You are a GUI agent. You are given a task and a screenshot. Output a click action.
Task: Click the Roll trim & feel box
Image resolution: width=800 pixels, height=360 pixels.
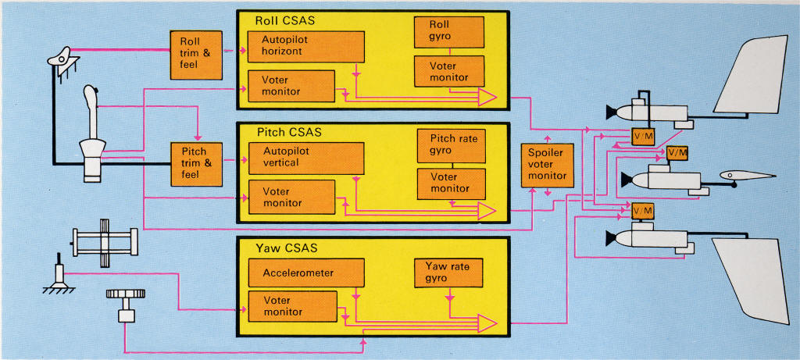(x=195, y=54)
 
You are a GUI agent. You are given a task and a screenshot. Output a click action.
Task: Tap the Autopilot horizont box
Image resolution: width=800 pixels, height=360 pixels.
(x=305, y=47)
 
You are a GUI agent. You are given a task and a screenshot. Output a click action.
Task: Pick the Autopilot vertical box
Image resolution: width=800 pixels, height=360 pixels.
(x=305, y=159)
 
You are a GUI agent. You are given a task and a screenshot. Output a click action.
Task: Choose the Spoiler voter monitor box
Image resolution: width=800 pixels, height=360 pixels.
(x=546, y=165)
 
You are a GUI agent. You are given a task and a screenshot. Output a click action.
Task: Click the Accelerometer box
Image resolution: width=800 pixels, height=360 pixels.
(x=305, y=273)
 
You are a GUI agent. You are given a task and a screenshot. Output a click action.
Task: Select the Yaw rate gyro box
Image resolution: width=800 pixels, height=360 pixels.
(x=448, y=273)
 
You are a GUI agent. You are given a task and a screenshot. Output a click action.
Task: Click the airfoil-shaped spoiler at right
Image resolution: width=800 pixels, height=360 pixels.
(x=746, y=177)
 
